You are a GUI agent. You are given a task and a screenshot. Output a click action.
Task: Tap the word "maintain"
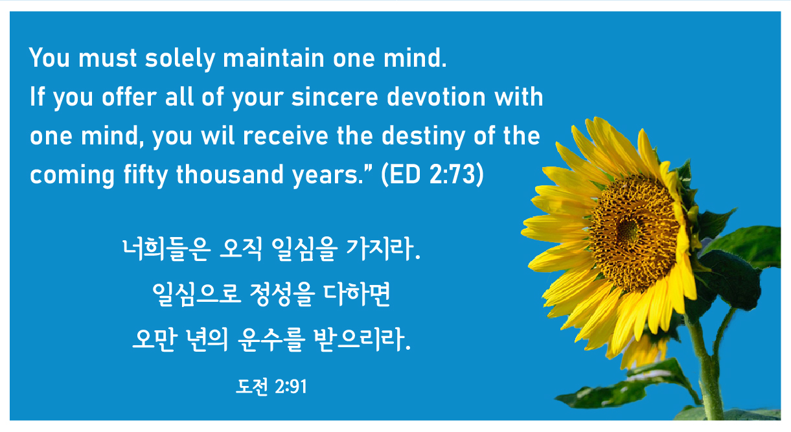point(273,58)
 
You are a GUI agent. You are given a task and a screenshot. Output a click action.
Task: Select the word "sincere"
point(335,97)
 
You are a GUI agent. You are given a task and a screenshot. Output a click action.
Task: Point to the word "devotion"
point(437,96)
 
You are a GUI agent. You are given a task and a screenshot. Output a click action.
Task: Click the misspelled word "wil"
point(218,135)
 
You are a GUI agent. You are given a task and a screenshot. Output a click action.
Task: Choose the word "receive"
point(285,135)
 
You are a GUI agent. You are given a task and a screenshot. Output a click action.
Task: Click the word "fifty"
point(146,174)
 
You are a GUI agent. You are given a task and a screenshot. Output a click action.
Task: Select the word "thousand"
point(230,174)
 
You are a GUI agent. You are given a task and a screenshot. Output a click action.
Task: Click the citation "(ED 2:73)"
point(432,174)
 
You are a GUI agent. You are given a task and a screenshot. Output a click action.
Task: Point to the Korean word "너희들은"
point(166,249)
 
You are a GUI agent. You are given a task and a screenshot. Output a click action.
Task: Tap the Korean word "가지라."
point(384,249)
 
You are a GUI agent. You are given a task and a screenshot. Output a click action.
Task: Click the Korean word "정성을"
point(282,294)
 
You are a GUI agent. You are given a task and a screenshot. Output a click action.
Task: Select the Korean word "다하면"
point(357,294)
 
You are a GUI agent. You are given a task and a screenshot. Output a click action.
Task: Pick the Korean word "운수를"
point(271,339)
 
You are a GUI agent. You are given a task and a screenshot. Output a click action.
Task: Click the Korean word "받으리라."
point(362,339)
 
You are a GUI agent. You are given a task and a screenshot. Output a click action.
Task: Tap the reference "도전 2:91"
point(271,387)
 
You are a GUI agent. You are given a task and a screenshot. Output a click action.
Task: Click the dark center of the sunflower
point(628,230)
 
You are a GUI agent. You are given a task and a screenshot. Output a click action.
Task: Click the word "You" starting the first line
point(49,58)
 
